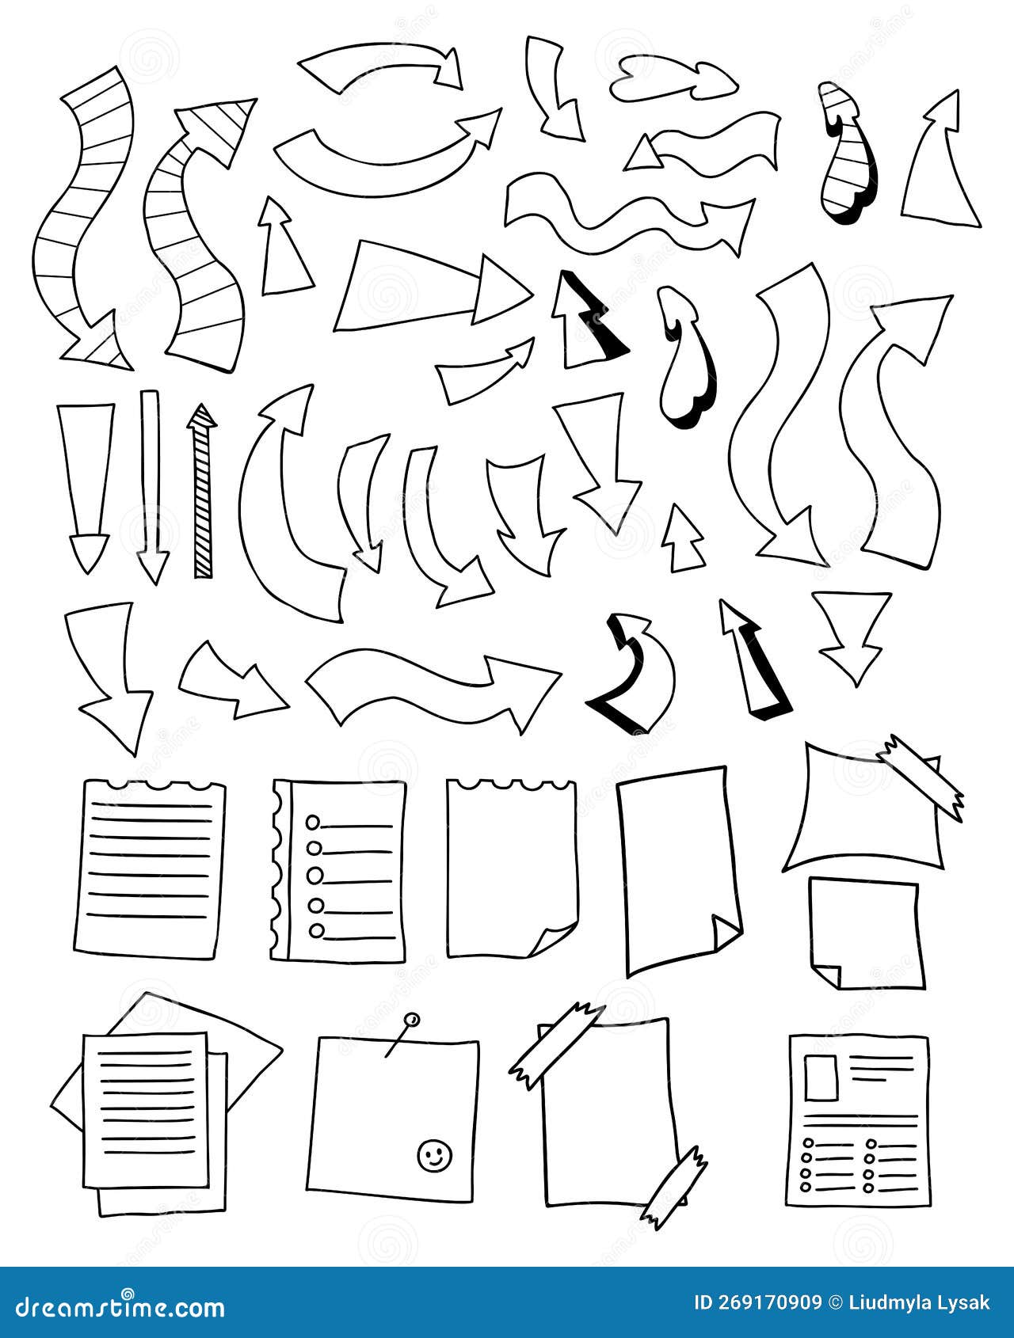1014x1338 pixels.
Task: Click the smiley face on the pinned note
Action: pyautogui.click(x=433, y=1154)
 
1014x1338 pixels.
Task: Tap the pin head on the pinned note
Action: pyautogui.click(x=410, y=1019)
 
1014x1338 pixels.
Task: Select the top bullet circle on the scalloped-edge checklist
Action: pyautogui.click(x=314, y=820)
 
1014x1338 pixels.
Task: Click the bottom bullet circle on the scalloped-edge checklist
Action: pyautogui.click(x=316, y=930)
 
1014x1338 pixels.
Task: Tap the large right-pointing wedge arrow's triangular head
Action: pyautogui.click(x=499, y=288)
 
